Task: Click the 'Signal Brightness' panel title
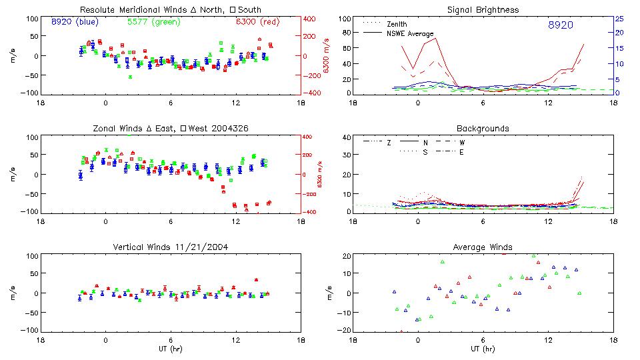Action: [483, 10]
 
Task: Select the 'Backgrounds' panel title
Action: [483, 128]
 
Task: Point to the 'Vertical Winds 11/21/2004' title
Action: [171, 248]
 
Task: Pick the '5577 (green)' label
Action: [153, 21]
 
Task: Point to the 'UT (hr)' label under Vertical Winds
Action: [171, 349]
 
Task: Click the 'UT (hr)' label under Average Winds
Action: [483, 349]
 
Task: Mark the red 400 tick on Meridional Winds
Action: [310, 19]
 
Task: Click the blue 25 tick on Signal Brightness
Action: [619, 19]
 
